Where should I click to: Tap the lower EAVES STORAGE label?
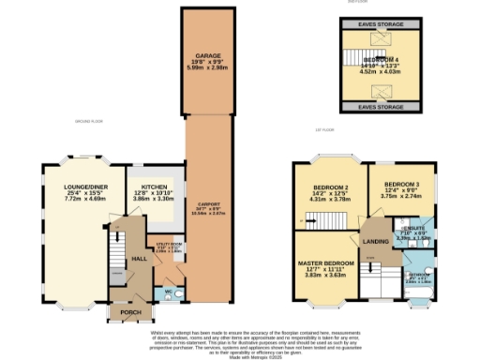pyautogui.click(x=380, y=108)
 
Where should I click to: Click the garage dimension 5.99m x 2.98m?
pyautogui.click(x=208, y=69)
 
